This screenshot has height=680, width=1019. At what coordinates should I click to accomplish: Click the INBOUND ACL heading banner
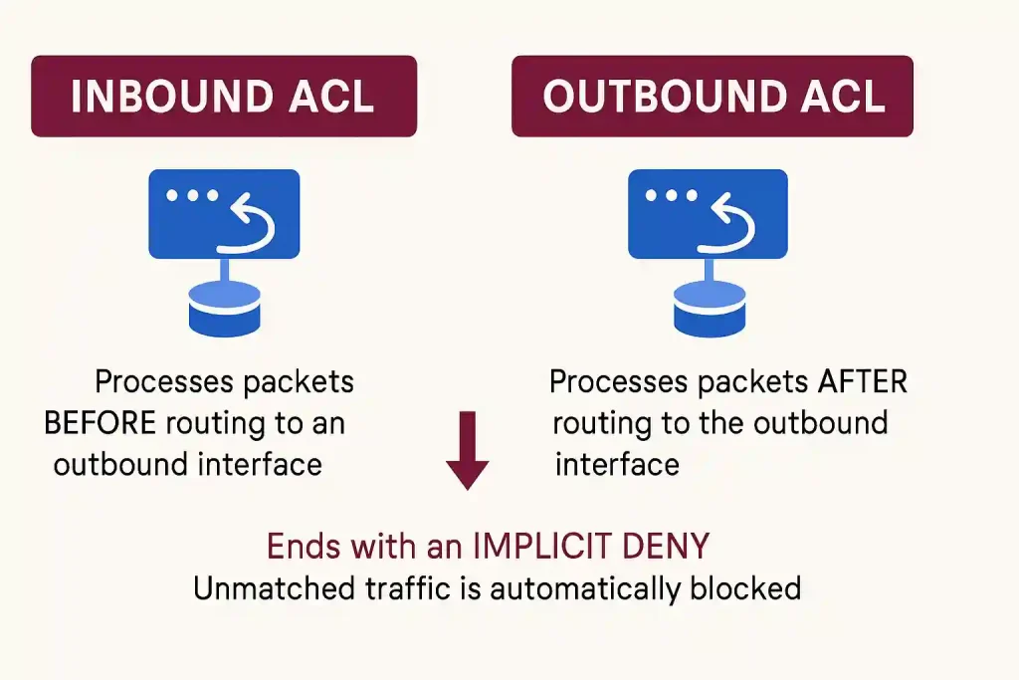(224, 96)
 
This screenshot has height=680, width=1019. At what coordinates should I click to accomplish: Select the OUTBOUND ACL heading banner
(713, 96)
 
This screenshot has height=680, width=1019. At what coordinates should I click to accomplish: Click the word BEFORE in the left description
(100, 423)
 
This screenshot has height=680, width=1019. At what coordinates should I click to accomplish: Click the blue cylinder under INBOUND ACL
(224, 309)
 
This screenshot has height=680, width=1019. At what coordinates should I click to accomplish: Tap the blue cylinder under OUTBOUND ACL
(709, 309)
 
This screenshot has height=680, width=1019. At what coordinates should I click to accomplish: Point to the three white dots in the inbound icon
(193, 195)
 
